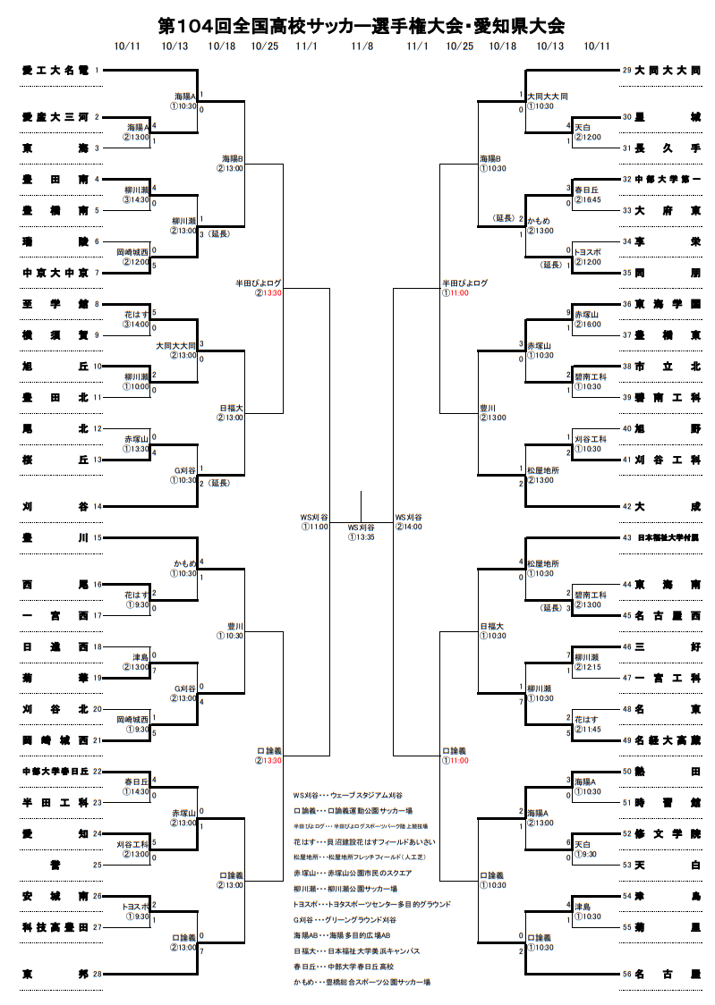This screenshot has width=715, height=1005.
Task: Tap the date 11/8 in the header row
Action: tap(362, 46)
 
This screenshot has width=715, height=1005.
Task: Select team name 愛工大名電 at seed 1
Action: tap(55, 69)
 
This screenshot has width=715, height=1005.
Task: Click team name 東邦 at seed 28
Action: tap(55, 974)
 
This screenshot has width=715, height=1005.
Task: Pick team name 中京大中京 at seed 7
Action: tap(55, 273)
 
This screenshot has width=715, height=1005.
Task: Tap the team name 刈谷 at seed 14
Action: tap(55, 506)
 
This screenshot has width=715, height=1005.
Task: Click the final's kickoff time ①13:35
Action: tap(361, 536)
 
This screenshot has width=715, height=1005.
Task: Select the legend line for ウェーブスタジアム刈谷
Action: tap(348, 795)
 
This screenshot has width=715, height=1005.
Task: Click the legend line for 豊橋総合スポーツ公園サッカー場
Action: tap(362, 982)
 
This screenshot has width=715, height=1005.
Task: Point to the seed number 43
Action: tap(626, 538)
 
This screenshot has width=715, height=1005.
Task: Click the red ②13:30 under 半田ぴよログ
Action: tap(268, 292)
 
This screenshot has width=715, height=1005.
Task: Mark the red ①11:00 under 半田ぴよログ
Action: tap(455, 292)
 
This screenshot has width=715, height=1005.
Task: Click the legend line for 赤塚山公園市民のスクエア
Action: tap(353, 873)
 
